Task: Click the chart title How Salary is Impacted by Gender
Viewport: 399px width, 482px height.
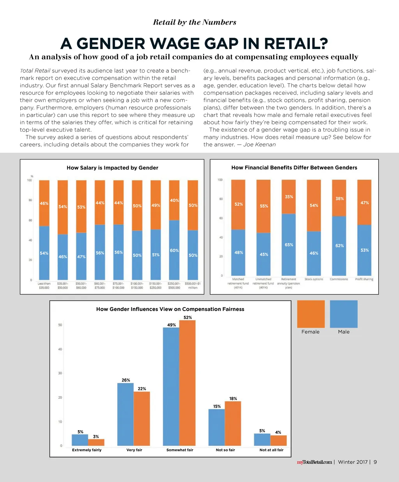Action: tap(112, 168)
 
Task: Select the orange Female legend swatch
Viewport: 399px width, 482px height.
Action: tap(311, 314)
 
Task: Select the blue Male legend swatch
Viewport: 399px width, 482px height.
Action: tap(344, 314)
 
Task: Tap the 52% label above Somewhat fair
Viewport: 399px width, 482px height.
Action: tap(188, 318)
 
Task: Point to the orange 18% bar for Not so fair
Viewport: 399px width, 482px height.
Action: tap(233, 424)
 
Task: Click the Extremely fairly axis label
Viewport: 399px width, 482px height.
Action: tap(87, 450)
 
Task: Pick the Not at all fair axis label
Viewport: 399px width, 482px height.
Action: tap(272, 450)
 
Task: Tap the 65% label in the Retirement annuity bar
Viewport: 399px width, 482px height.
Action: tap(289, 245)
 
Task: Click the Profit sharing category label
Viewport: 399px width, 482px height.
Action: tap(364, 279)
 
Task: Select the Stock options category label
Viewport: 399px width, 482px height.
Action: tap(314, 279)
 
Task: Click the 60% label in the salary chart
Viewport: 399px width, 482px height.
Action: tap(174, 251)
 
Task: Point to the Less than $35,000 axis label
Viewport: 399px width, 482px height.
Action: tap(44, 286)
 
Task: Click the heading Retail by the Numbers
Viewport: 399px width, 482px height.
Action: tap(194, 22)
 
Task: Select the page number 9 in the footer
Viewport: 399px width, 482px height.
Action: tap(375, 462)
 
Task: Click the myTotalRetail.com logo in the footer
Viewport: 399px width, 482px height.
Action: tap(314, 462)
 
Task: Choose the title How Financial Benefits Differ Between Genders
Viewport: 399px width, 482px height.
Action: tap(294, 168)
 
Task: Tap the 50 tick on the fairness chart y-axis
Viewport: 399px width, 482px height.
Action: tap(60, 325)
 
